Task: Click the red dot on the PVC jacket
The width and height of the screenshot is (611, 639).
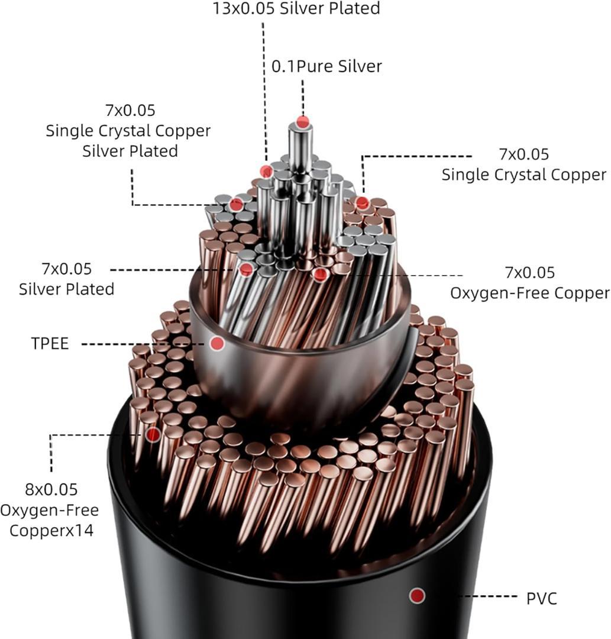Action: pos(418,595)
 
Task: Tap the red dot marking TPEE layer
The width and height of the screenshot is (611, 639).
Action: pos(218,343)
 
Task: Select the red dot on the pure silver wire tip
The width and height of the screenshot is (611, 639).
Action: pos(303,122)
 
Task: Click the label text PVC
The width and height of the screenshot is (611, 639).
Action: pos(541,598)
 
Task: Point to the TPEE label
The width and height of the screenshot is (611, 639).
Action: pos(50,344)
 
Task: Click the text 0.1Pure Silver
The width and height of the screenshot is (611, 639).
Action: pos(326,66)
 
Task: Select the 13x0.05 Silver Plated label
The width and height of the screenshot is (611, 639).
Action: pos(296,8)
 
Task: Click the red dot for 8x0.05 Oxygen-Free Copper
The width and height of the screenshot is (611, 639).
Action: pos(153,435)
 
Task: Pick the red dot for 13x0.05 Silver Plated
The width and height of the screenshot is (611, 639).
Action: pos(266,172)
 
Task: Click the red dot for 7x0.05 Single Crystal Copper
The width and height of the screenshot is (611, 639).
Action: pos(363,203)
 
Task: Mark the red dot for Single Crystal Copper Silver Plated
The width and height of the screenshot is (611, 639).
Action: pos(236,205)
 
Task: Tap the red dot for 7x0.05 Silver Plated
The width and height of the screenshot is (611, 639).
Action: pos(247,270)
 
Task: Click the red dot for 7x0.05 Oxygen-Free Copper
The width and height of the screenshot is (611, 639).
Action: pos(320,275)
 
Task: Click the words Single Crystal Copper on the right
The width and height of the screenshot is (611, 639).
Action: pos(524,175)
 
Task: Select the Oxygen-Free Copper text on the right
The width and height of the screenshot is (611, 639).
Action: pos(529,293)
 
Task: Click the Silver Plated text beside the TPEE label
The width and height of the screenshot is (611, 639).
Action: pos(66,289)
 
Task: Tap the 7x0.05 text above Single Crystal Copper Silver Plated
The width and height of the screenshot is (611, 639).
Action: pos(130,111)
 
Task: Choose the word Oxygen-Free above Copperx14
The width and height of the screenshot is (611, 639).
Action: pos(50,510)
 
